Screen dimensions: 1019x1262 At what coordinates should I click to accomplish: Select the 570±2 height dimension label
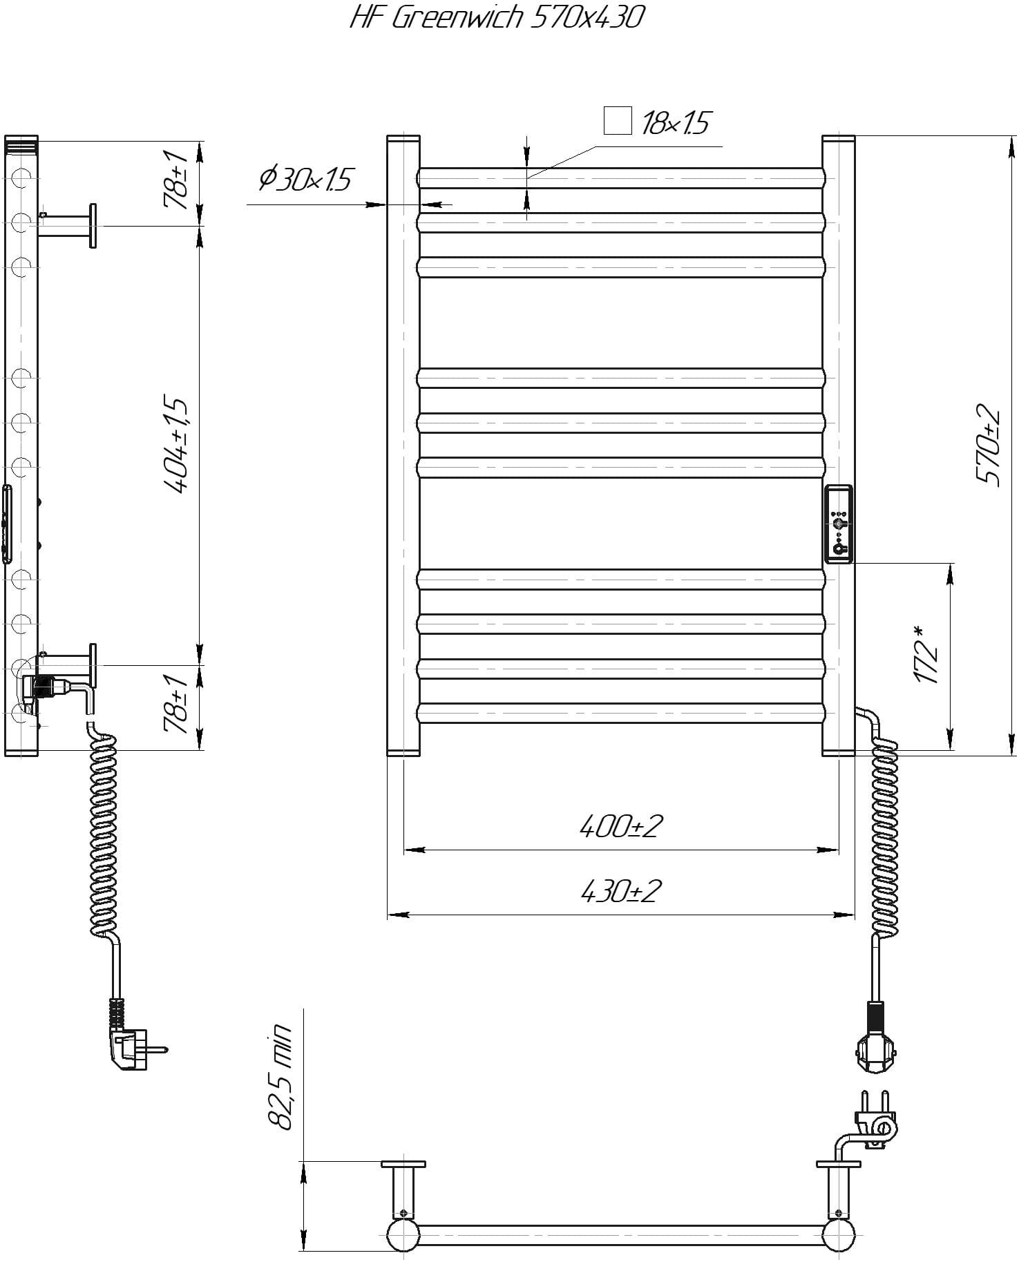(x=988, y=445)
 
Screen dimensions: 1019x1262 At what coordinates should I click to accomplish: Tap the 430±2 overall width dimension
(x=621, y=891)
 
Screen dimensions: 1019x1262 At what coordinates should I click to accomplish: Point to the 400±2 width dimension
(x=621, y=825)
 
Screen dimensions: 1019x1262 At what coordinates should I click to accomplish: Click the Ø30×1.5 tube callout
(x=305, y=180)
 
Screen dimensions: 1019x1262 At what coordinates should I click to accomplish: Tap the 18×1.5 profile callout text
(x=675, y=124)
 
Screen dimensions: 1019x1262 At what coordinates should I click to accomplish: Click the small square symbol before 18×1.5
(x=618, y=121)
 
